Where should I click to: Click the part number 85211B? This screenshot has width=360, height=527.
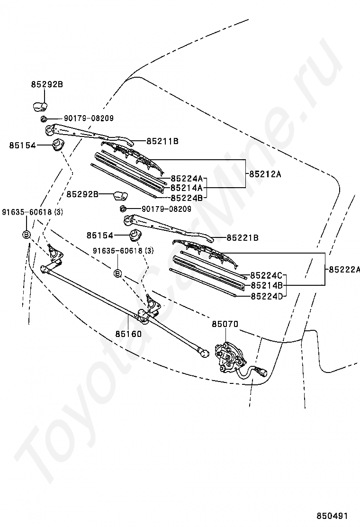click(x=162, y=141)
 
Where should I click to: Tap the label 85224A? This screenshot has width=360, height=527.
click(x=186, y=179)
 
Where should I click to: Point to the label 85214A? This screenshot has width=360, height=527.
click(x=186, y=188)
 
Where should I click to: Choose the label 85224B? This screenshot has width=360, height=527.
click(x=186, y=198)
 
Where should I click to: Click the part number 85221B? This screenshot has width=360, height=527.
click(x=242, y=237)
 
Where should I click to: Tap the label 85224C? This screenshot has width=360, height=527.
click(x=266, y=275)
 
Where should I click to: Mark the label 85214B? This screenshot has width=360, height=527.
click(x=266, y=285)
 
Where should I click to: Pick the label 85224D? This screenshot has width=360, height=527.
click(x=266, y=296)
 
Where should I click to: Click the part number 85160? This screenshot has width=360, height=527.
click(x=128, y=334)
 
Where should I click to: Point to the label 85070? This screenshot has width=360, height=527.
click(x=225, y=324)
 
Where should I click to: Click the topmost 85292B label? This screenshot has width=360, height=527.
click(x=47, y=84)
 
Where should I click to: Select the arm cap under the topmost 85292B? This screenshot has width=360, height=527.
click(x=39, y=105)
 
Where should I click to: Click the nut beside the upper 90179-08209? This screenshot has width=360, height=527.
click(x=43, y=118)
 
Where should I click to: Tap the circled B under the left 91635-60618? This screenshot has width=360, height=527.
click(x=27, y=234)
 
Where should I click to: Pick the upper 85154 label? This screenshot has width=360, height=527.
click(x=22, y=145)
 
